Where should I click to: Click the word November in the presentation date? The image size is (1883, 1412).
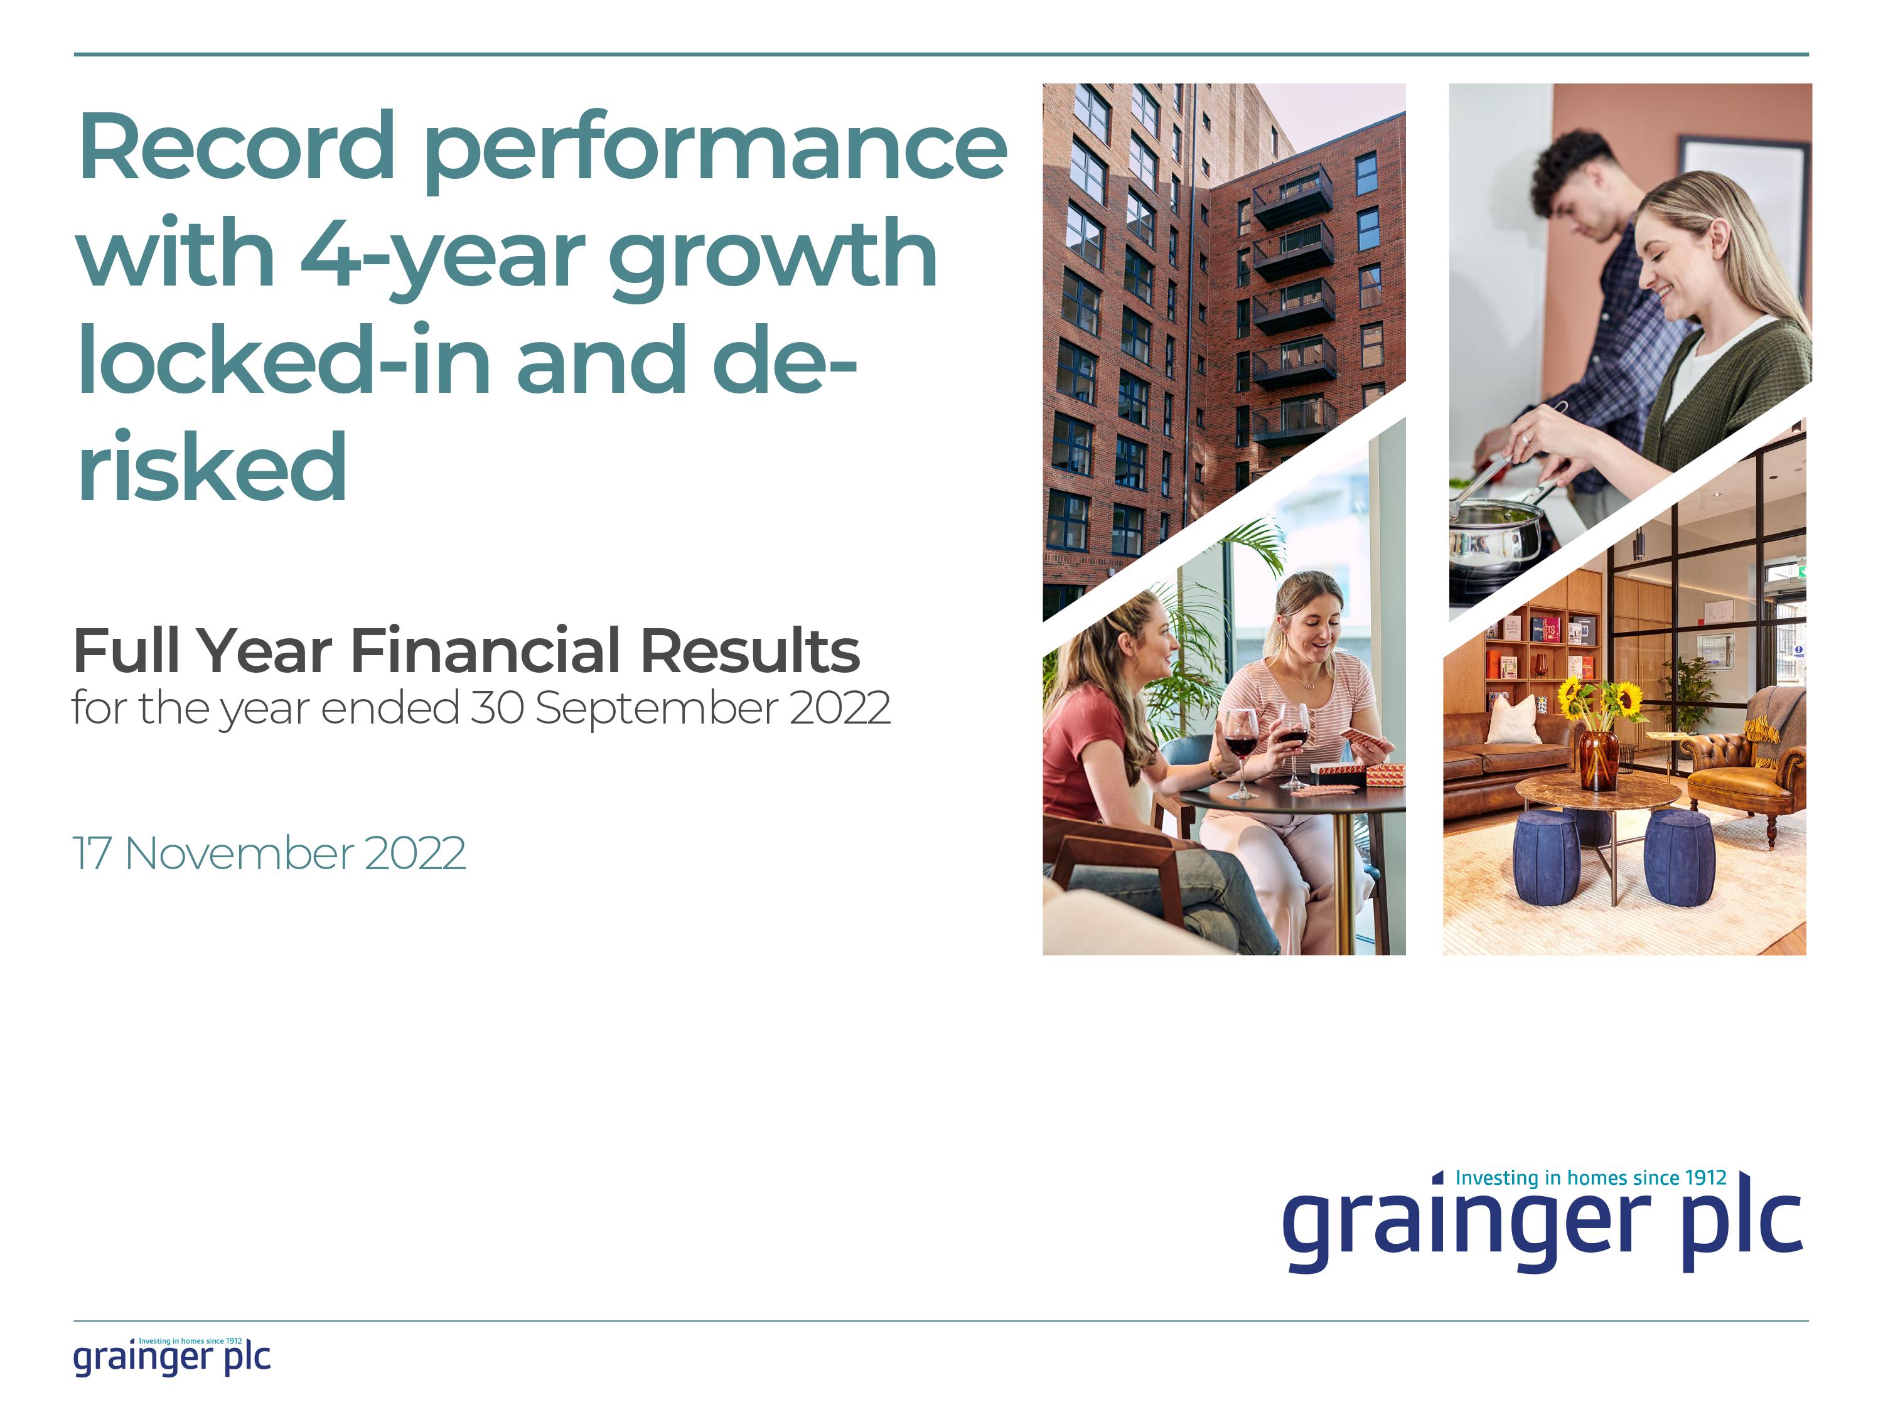coord(239,853)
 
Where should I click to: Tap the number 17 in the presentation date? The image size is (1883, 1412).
coord(92,853)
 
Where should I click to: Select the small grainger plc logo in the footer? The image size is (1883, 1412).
coord(172,1357)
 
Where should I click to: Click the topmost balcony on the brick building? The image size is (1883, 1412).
coord(1292,194)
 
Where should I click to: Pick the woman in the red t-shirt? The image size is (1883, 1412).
coord(1107,757)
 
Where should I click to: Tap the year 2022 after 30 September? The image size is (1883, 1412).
coord(839,707)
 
